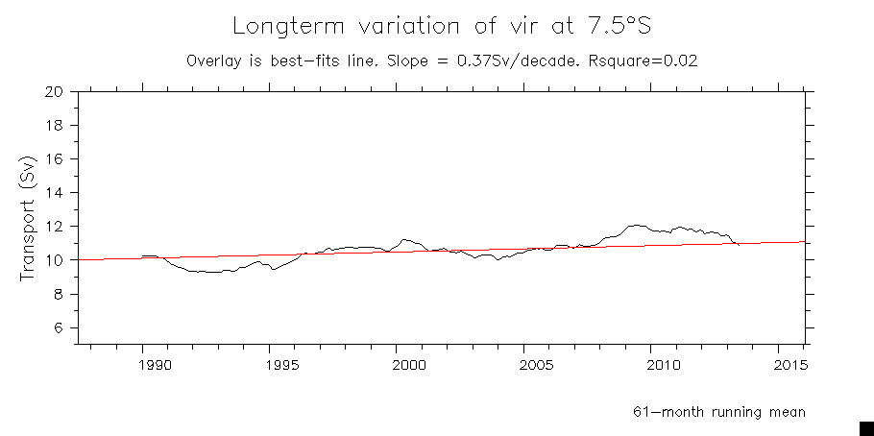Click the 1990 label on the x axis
pos(155,365)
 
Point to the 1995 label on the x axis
pos(282,365)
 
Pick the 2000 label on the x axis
pos(409,365)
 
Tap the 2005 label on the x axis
pos(536,365)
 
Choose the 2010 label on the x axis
pos(663,365)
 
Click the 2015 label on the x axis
pos(789,365)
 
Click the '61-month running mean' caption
pos(718,412)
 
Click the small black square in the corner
pos(865,427)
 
